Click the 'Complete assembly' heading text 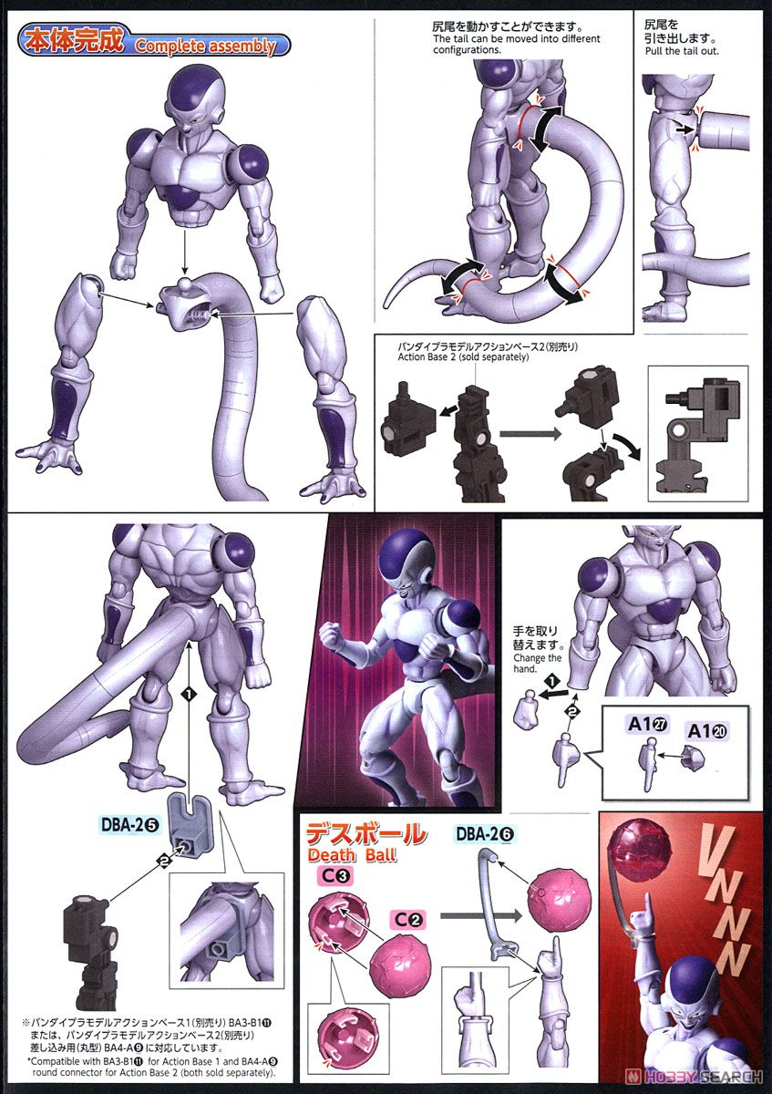point(206,46)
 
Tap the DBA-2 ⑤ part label point(129,824)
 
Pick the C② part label point(409,920)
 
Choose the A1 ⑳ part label point(707,730)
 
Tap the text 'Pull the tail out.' point(682,51)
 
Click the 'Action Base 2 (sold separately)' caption point(463,357)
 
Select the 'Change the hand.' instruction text point(537,663)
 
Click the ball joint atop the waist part point(184,284)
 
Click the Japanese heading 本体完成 point(75,41)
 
